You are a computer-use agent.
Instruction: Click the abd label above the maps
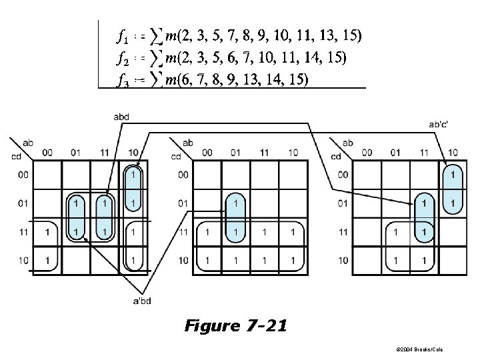coord(121,117)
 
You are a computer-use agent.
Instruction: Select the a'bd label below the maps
coord(142,301)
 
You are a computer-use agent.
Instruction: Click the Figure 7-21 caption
coord(237,326)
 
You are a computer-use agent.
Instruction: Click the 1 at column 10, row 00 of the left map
coord(133,175)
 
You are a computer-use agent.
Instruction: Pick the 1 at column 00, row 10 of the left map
coord(47,260)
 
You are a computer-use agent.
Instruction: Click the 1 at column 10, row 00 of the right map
coord(453,175)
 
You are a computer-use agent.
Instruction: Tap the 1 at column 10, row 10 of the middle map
coord(292,260)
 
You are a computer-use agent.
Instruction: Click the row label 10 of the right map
coord(341,260)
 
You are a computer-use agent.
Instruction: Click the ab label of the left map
coord(28,143)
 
